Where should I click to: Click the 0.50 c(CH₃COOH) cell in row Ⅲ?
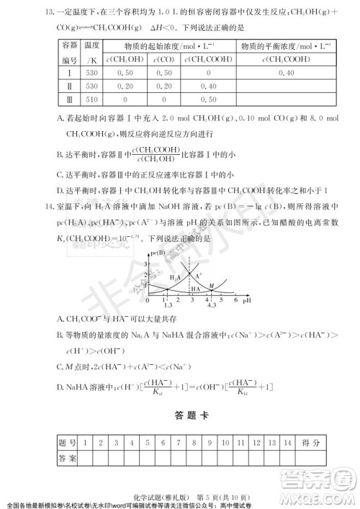(210, 99)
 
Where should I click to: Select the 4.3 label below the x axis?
(212, 306)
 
